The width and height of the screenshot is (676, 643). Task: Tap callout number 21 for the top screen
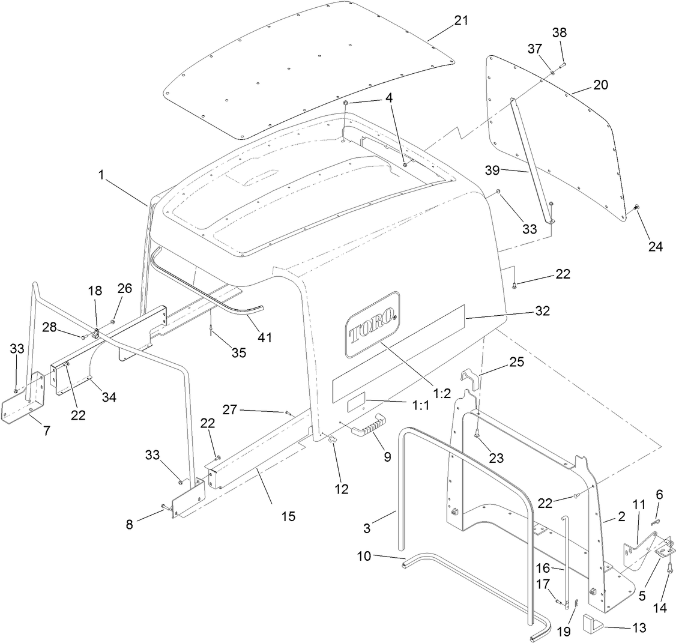[460, 20]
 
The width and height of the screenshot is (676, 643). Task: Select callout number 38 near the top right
[559, 33]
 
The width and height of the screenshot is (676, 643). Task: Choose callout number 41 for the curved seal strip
[265, 337]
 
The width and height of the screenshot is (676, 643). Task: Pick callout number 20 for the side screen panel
[600, 85]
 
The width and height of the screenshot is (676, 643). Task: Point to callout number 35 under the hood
[239, 352]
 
